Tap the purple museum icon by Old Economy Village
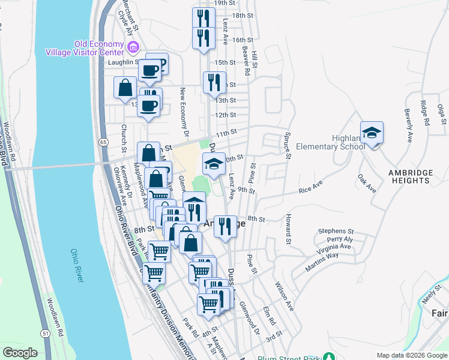click(133, 47)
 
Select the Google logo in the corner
click(20, 353)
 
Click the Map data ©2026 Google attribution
click(411, 355)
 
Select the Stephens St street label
click(336, 230)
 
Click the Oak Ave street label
click(366, 184)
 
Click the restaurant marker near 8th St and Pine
click(225, 226)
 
